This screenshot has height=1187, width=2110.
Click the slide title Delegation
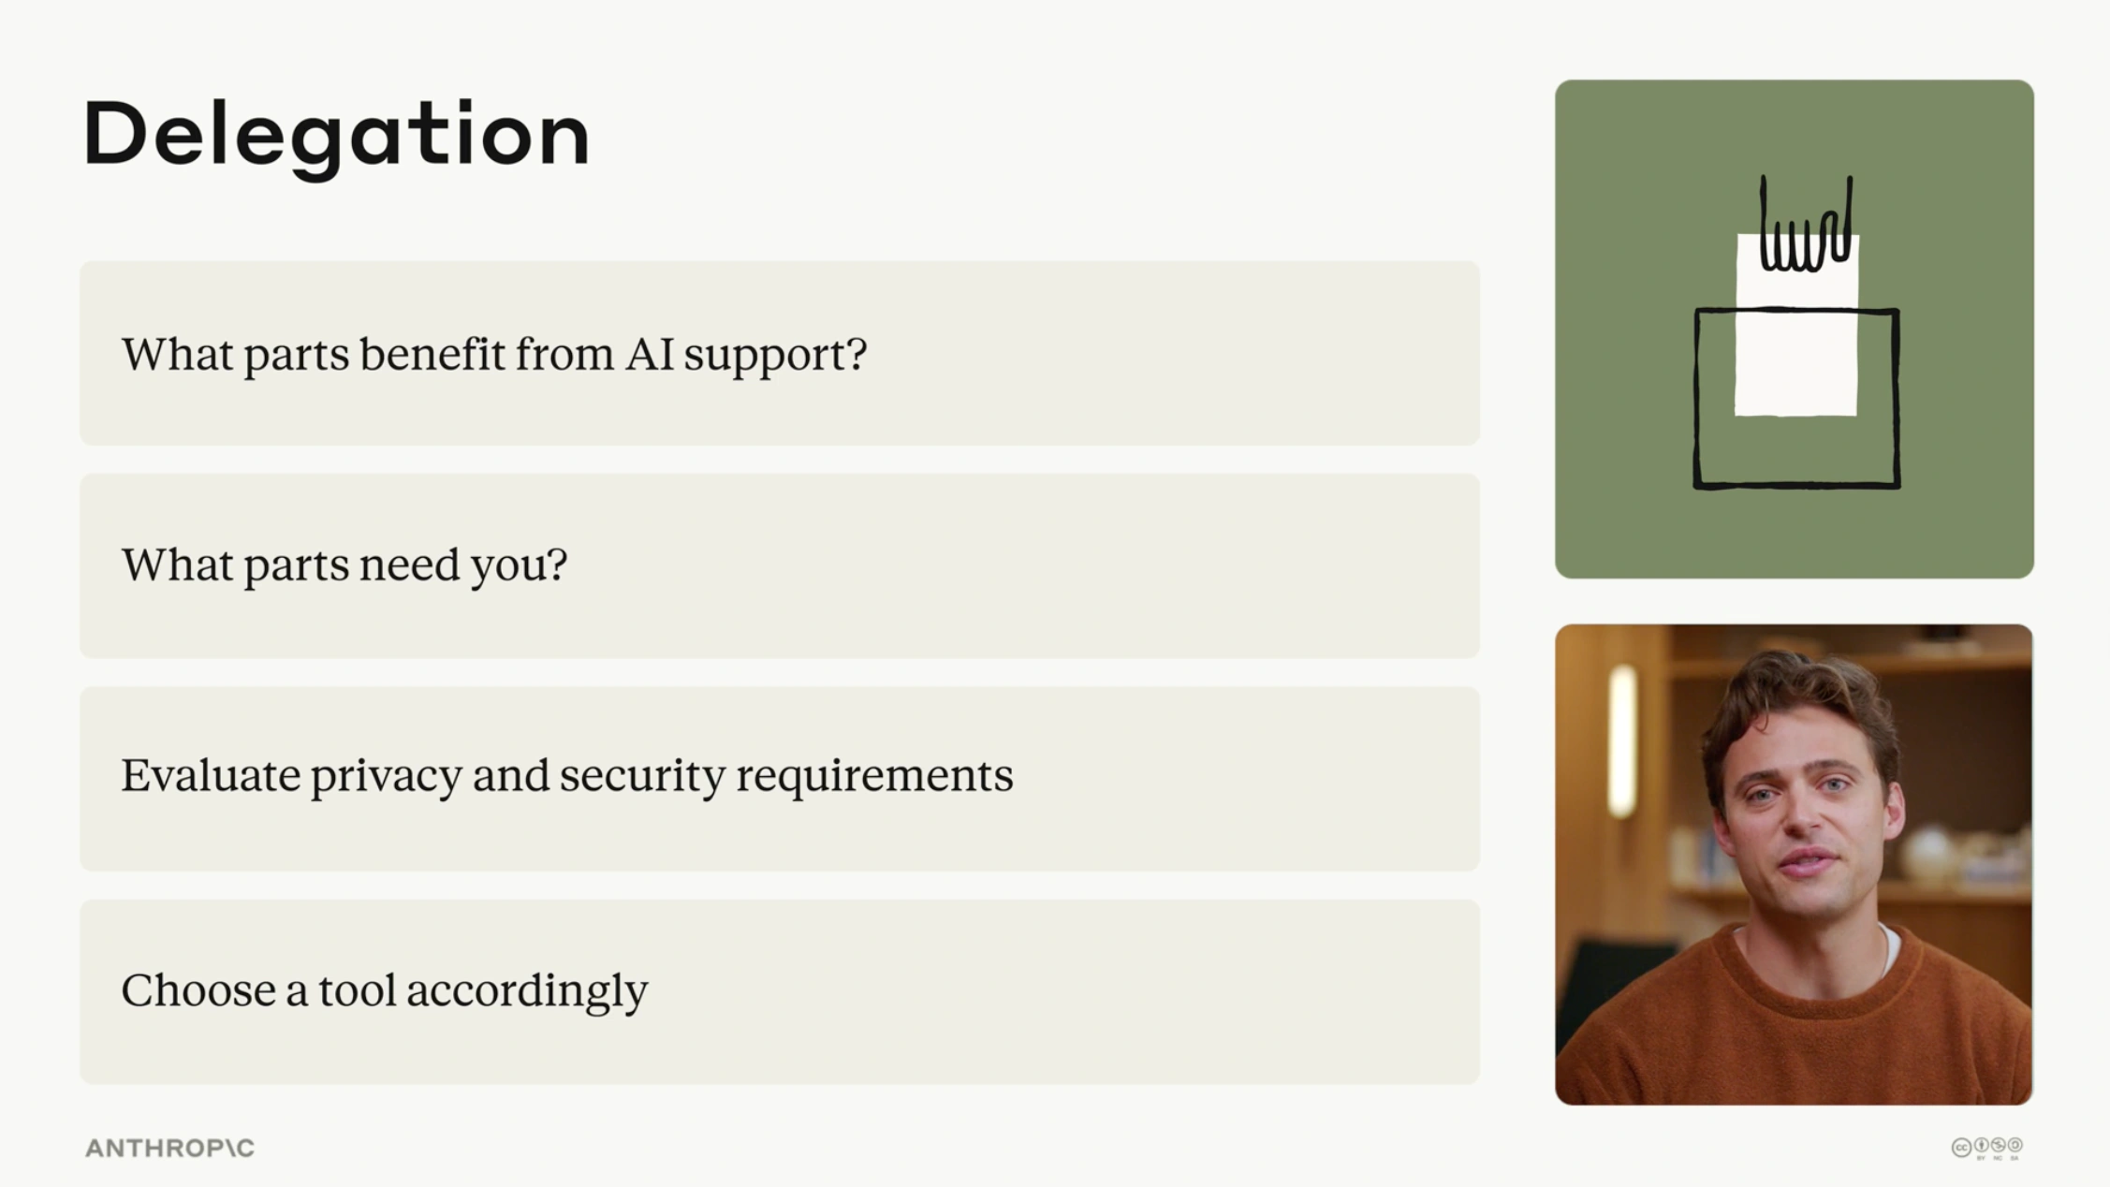(337, 136)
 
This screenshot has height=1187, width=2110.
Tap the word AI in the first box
(650, 354)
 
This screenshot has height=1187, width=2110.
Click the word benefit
(432, 354)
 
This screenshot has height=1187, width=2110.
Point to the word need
(410, 564)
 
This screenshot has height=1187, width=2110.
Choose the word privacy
(386, 778)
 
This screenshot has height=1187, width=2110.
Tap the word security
(642, 778)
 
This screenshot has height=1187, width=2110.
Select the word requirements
(874, 778)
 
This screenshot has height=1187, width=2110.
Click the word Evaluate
(211, 775)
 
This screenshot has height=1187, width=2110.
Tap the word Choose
(198, 989)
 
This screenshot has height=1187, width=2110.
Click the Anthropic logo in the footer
(169, 1148)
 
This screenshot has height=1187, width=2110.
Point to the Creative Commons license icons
(1987, 1148)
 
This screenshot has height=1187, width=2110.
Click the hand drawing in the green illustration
(1806, 225)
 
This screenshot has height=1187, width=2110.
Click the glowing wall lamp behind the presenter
(1622, 740)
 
